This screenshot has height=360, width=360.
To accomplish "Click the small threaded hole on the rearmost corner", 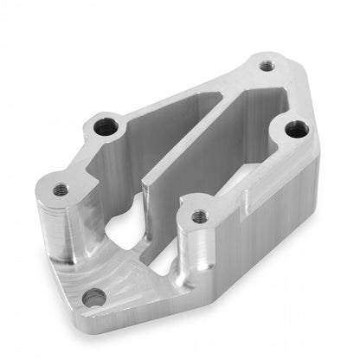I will [x=266, y=64].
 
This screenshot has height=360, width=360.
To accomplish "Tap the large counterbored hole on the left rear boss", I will [x=106, y=126].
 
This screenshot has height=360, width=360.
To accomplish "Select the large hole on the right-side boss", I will [x=296, y=130].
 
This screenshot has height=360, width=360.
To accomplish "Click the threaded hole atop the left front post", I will [x=60, y=190].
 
